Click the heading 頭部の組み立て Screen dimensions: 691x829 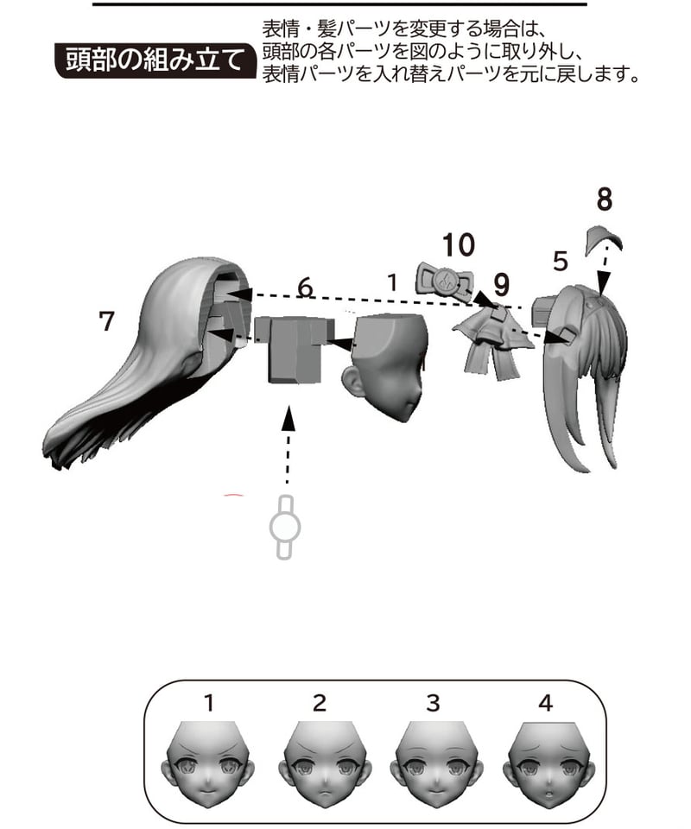pos(154,60)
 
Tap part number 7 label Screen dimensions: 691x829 pos(107,321)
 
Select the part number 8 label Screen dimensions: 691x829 pos(605,199)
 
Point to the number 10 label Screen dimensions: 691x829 pos(459,244)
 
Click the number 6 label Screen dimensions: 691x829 pos(305,288)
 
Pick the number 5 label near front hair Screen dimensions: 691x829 pos(561,261)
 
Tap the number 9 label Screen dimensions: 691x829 pos(501,285)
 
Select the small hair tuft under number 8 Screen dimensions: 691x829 pos(603,239)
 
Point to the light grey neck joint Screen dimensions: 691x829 pos(285,527)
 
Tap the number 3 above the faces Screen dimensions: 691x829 pos(433,703)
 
